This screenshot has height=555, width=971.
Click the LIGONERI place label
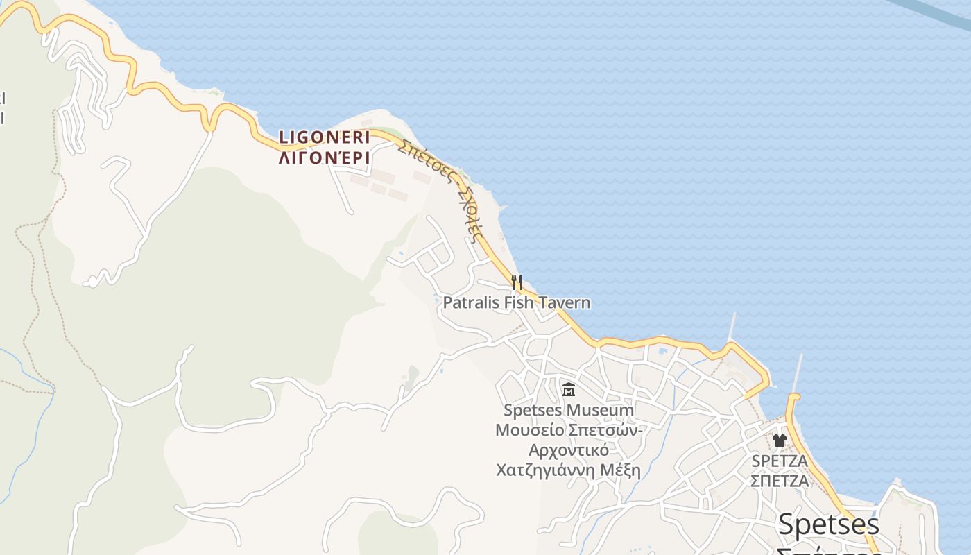tap(325, 137)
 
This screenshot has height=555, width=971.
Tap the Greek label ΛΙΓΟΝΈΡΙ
tap(325, 158)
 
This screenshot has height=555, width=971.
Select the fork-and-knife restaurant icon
tap(517, 282)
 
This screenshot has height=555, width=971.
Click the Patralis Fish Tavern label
tap(517, 302)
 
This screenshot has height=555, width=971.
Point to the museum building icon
tap(569, 389)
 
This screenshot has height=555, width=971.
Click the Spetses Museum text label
tap(569, 410)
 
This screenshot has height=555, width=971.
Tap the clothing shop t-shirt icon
tap(780, 440)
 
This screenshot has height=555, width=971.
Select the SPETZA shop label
tap(780, 461)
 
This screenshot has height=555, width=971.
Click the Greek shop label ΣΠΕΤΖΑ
tap(780, 480)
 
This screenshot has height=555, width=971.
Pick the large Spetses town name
tap(829, 524)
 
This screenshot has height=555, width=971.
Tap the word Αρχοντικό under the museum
tap(569, 450)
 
